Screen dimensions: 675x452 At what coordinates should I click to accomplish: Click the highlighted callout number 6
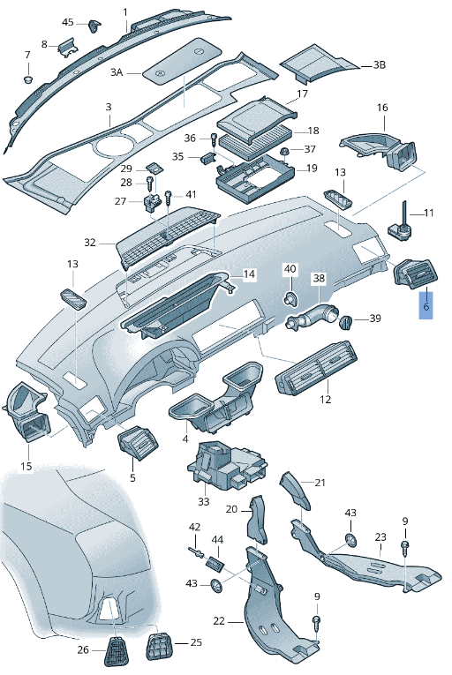coord(426,308)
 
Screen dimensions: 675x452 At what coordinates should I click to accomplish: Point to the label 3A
coord(117,72)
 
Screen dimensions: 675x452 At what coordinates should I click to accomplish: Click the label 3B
coord(379,64)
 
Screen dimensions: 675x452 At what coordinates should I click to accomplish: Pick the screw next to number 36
coord(213,139)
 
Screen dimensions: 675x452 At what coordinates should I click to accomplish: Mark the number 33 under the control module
coord(204,501)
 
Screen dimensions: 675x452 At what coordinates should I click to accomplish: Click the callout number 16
coord(382,108)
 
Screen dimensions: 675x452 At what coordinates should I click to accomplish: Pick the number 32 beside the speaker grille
coord(90,242)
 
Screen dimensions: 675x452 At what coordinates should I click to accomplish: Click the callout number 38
coord(319,277)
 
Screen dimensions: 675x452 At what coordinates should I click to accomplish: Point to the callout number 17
coord(302,94)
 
